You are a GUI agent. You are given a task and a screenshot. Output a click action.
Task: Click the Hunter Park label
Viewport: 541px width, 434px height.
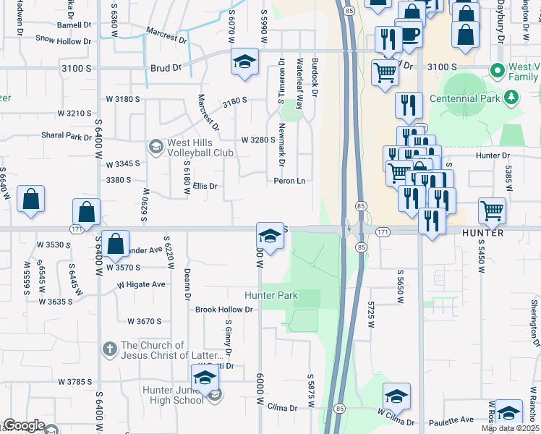tap(271, 295)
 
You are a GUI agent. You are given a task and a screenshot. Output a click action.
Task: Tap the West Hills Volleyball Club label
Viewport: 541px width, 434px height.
tap(200, 148)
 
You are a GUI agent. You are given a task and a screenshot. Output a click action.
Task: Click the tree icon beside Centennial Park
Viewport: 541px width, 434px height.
tap(511, 96)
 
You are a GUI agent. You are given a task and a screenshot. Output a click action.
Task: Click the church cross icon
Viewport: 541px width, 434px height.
tap(110, 350)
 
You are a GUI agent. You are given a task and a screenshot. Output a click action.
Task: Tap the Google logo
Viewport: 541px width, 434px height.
tap(24, 425)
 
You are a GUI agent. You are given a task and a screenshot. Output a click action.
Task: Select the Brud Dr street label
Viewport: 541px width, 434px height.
tap(166, 68)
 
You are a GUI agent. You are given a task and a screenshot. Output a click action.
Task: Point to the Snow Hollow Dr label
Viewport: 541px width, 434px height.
tap(64, 40)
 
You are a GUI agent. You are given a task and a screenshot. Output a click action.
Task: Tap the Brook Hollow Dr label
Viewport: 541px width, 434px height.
tap(223, 310)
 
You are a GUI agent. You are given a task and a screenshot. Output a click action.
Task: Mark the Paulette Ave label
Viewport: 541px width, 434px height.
tap(453, 419)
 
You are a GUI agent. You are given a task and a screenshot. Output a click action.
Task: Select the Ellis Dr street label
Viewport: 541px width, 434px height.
tap(205, 186)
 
